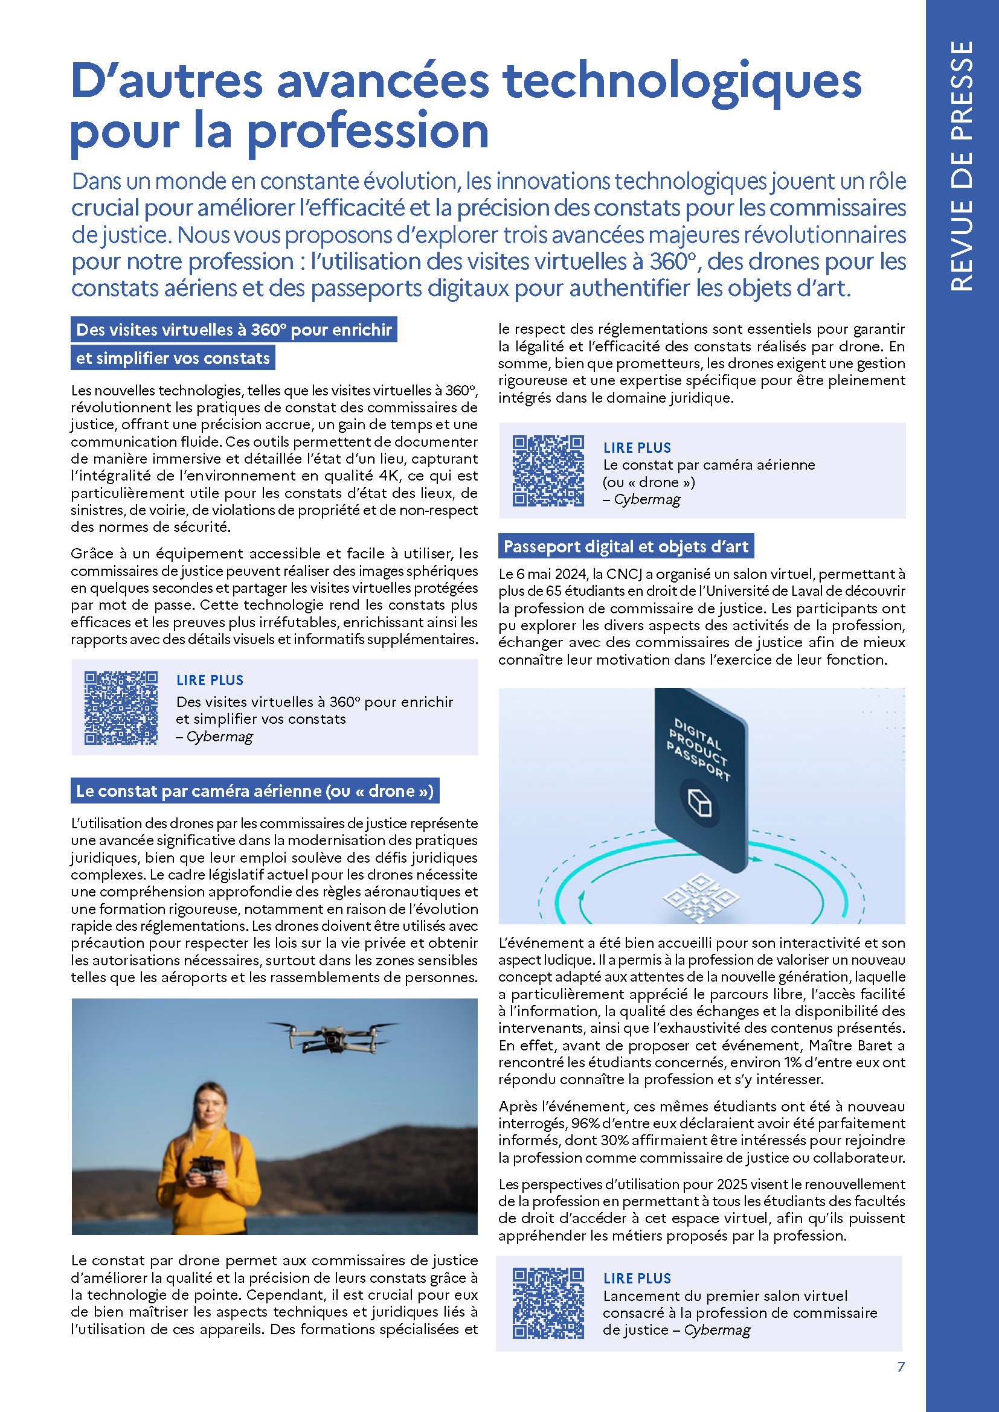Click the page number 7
click(x=901, y=1367)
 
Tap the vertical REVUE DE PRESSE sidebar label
click(x=962, y=165)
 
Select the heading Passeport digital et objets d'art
click(x=626, y=546)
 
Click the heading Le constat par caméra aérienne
click(x=255, y=791)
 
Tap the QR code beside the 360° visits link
click(x=121, y=708)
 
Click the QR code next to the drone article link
click(x=548, y=470)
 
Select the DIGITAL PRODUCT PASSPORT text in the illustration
click(x=699, y=749)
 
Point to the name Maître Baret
click(x=856, y=1046)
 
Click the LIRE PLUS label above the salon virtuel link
click(x=637, y=1278)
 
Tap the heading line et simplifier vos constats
click(x=173, y=358)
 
